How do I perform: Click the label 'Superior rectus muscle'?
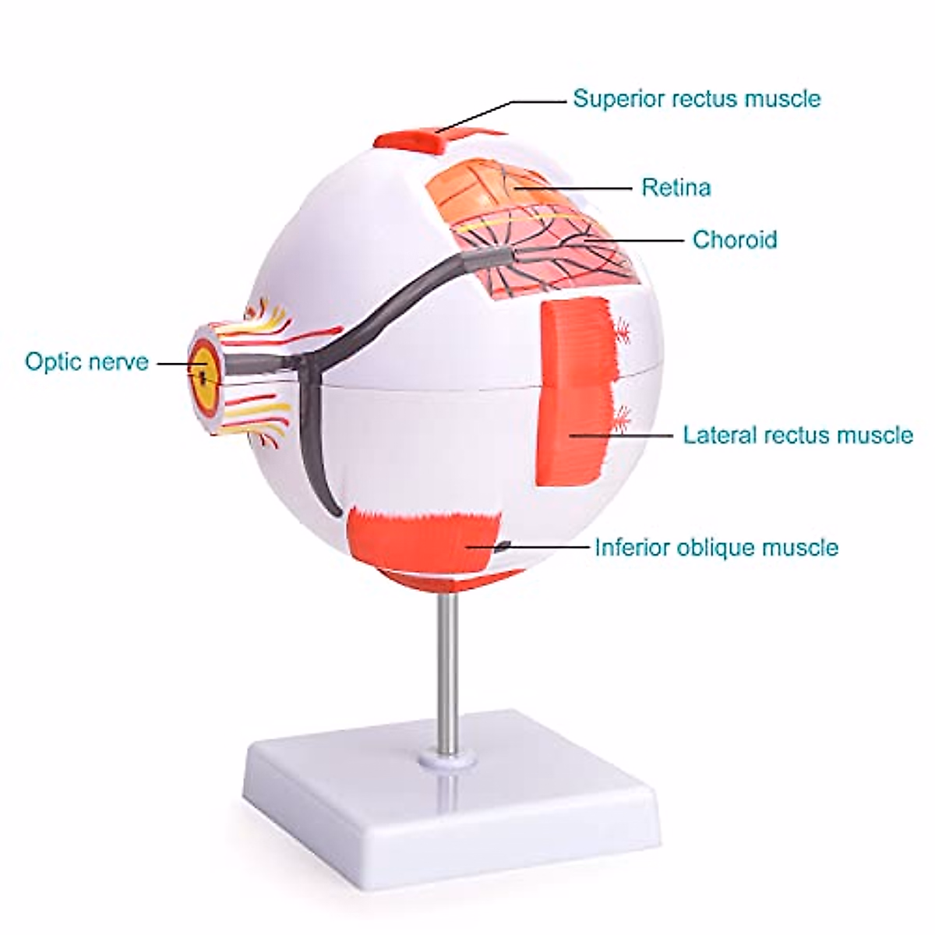click(x=697, y=99)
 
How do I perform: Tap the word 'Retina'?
click(x=676, y=188)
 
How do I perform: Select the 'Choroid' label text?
click(x=735, y=238)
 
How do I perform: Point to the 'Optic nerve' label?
click(x=86, y=362)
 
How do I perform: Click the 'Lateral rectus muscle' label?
click(x=798, y=434)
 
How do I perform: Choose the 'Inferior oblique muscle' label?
click(x=716, y=547)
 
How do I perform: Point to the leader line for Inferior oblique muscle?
click(x=545, y=547)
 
